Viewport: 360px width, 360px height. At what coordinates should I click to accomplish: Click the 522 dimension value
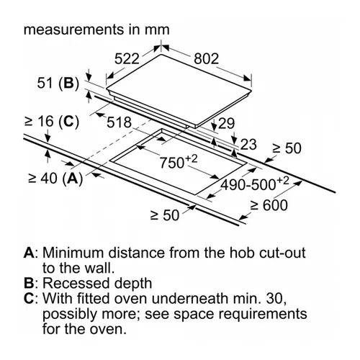(x=127, y=59)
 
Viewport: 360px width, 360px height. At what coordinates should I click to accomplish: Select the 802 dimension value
(x=207, y=59)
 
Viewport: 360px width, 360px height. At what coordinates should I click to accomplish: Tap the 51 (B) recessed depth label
(x=58, y=84)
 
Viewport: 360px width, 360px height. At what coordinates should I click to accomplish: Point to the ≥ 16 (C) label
(x=52, y=121)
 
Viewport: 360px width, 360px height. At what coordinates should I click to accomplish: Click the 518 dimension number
(x=119, y=122)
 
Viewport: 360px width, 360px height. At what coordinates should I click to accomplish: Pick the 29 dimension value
(x=226, y=123)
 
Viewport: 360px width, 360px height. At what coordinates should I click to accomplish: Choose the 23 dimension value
(x=248, y=145)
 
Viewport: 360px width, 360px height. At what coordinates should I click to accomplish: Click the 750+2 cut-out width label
(x=179, y=161)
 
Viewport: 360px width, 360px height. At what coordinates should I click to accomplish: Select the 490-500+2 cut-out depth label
(x=255, y=184)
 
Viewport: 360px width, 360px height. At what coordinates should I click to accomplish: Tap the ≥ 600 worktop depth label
(x=269, y=205)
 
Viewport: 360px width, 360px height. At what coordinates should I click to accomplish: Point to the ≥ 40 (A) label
(x=55, y=179)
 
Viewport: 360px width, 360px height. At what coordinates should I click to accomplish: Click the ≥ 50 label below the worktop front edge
(x=165, y=215)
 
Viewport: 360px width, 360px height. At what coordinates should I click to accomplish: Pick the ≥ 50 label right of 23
(x=287, y=148)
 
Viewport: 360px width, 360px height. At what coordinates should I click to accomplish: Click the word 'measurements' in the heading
(x=73, y=30)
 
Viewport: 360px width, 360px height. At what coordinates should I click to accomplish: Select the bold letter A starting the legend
(x=29, y=253)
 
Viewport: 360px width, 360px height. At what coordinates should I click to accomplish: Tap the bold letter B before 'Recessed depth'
(x=29, y=283)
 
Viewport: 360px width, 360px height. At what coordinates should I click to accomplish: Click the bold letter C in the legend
(x=29, y=299)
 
